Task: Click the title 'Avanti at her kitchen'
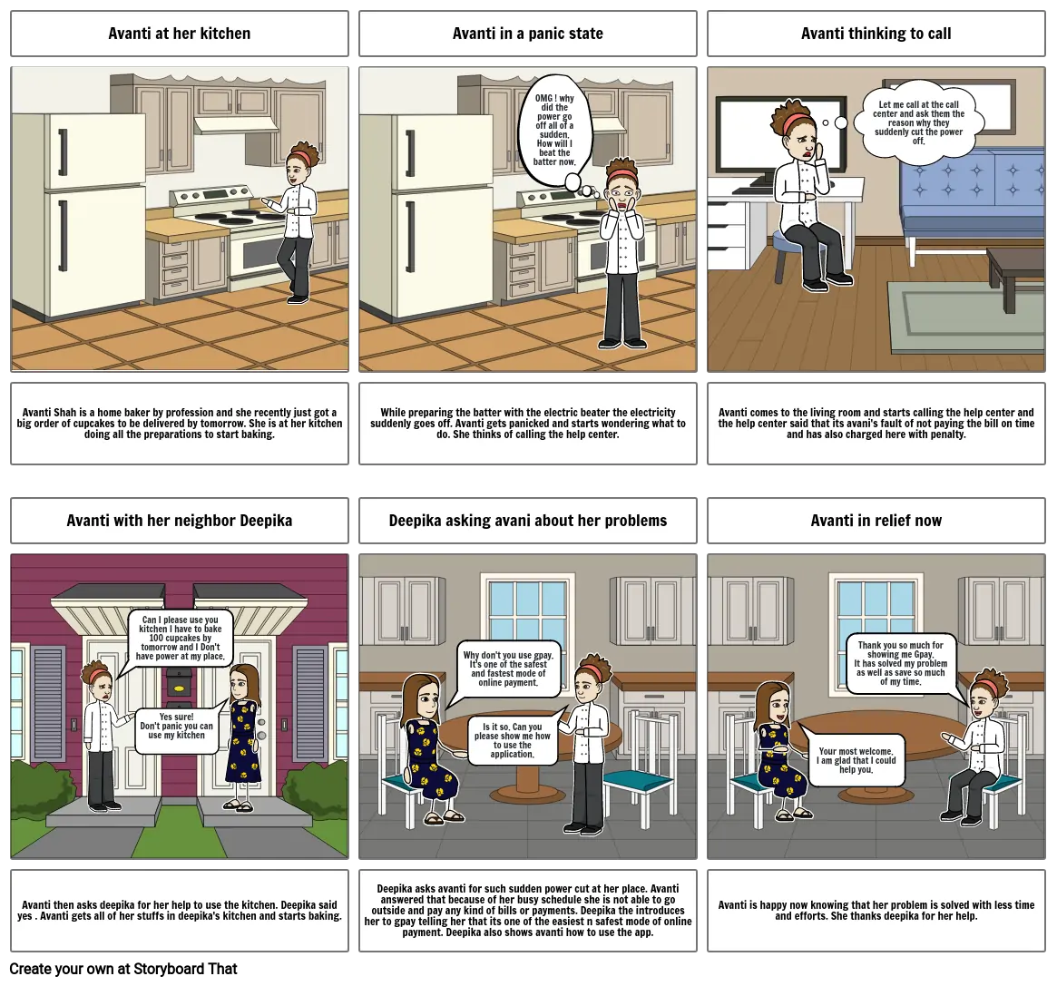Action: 180,34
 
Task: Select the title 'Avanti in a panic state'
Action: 528,34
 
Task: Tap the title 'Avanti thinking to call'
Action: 876,34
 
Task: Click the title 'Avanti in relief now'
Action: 876,521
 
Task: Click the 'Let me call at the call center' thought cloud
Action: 918,122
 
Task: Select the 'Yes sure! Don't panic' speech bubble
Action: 177,727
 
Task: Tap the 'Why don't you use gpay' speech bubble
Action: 509,669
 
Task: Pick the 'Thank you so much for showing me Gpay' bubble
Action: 901,664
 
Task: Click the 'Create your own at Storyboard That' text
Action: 123,969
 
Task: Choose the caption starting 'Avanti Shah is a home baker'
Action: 180,424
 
